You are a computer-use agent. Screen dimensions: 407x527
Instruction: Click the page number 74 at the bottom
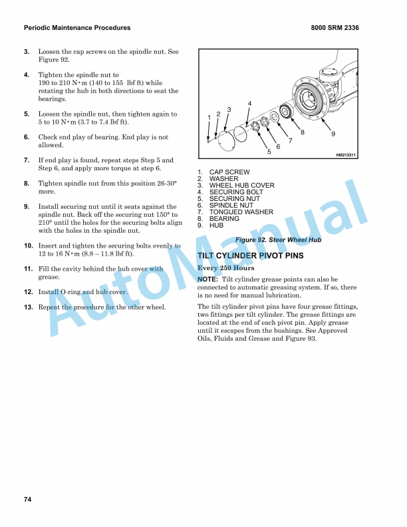[27, 500]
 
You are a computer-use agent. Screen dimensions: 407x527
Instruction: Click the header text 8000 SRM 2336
[335, 28]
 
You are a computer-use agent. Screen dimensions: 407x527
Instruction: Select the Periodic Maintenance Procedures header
[77, 28]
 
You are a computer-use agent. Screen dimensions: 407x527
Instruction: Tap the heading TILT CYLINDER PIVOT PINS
[251, 256]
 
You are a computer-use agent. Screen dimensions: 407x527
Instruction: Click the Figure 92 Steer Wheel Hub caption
[279, 240]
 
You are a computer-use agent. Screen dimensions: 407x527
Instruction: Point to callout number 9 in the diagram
[333, 134]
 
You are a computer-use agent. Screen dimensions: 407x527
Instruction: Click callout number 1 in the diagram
[209, 117]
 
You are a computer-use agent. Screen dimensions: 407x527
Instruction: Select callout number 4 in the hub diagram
[249, 104]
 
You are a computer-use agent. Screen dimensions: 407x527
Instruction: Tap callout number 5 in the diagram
[269, 152]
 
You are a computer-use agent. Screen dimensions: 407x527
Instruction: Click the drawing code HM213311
[346, 155]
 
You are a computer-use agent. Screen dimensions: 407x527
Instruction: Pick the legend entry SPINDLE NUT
[231, 206]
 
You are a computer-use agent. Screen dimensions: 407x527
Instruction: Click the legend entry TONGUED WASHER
[241, 212]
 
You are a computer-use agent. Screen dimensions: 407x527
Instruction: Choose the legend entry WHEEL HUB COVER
[242, 185]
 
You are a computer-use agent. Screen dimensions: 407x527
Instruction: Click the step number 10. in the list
[29, 246]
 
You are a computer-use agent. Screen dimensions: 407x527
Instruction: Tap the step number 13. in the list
[29, 307]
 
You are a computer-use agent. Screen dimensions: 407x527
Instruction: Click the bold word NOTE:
[207, 279]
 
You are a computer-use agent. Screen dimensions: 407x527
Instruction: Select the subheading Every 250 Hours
[225, 268]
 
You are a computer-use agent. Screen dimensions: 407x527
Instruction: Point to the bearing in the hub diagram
[286, 110]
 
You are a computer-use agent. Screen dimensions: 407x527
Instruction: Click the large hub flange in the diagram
[310, 97]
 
